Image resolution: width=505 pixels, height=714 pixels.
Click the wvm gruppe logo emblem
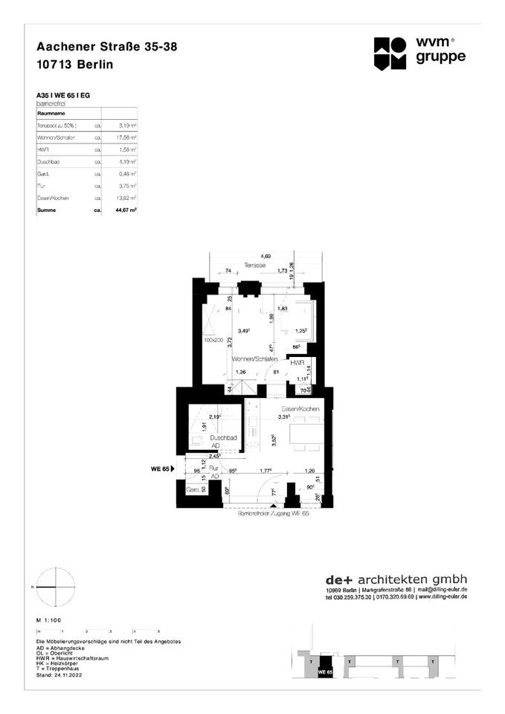(x=390, y=53)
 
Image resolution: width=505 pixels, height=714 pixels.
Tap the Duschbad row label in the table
(x=48, y=162)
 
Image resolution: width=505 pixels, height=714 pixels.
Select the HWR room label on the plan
(x=297, y=363)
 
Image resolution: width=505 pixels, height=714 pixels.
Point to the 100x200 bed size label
(x=213, y=339)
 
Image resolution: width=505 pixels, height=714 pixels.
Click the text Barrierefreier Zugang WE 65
(x=272, y=514)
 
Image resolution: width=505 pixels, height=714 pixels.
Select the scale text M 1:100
(x=49, y=619)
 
